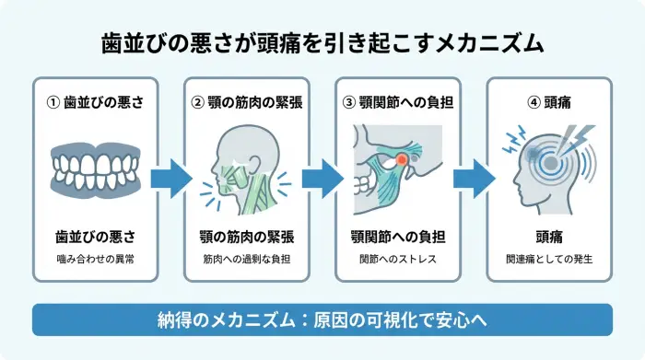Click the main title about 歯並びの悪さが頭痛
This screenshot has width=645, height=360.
pos(322,43)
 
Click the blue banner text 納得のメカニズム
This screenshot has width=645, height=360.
pos(322,319)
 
